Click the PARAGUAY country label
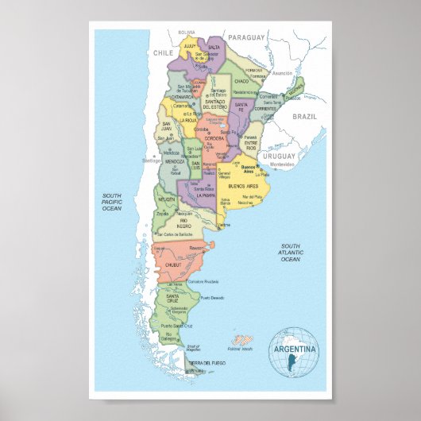(247, 37)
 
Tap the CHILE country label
(163, 52)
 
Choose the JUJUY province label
(189, 47)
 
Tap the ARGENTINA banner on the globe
(294, 349)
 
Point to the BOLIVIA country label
(187, 32)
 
